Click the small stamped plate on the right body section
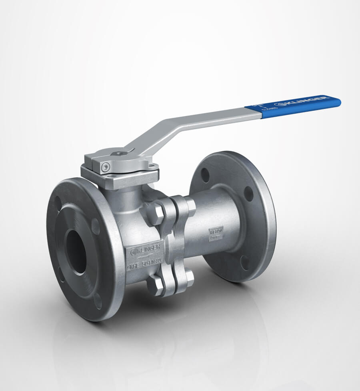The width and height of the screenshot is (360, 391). tap(215, 233)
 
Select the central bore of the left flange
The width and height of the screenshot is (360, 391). tap(76, 252)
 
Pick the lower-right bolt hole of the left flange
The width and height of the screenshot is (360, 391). tap(98, 301)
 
